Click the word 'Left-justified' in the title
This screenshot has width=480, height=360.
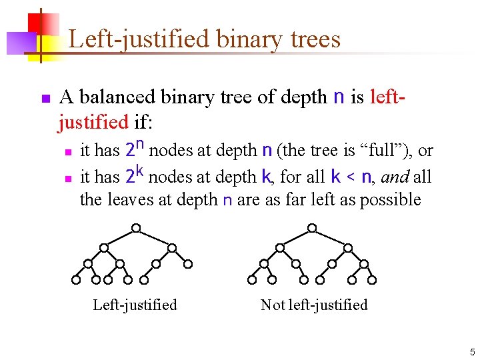pyautogui.click(x=139, y=39)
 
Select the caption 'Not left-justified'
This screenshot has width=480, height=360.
pyautogui.click(x=314, y=305)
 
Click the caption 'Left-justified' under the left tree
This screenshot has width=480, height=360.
pyautogui.click(x=135, y=305)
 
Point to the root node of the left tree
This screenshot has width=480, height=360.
pyautogui.click(x=136, y=228)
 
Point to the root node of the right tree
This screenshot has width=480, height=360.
pyautogui.click(x=312, y=228)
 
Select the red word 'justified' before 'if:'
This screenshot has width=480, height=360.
pyautogui.click(x=93, y=122)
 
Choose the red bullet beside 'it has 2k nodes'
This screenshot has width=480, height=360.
pyautogui.click(x=67, y=179)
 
